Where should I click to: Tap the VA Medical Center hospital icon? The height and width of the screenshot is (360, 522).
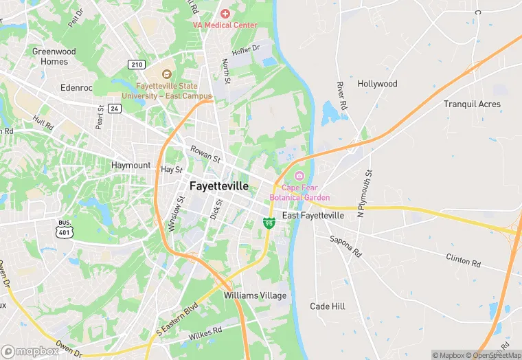coord(224,14)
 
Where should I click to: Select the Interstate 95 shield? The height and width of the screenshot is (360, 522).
coord(269,222)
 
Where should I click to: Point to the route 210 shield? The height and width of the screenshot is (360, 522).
coord(136,64)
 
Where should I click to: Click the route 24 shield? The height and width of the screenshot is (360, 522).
coord(114,108)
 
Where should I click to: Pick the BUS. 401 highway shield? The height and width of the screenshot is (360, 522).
coord(65,229)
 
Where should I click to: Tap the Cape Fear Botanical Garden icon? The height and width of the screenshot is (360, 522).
coord(299,177)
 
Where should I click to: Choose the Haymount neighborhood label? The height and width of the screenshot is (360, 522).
coord(130,166)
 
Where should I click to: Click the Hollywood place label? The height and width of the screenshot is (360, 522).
coord(377,84)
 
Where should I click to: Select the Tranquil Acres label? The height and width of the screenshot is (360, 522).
coord(472,104)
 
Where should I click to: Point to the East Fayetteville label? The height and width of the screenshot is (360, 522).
coord(313,216)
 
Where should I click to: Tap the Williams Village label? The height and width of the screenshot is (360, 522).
coord(255,295)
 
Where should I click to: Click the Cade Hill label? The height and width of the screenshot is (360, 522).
coord(328,306)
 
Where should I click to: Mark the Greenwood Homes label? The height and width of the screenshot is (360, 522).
coord(54,56)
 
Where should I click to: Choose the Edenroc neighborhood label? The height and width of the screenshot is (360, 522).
coord(76,89)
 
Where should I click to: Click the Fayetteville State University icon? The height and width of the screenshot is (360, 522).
coord(166,74)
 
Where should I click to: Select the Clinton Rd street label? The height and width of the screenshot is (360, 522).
coord(463,260)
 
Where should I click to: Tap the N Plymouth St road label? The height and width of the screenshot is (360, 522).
coord(365,194)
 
